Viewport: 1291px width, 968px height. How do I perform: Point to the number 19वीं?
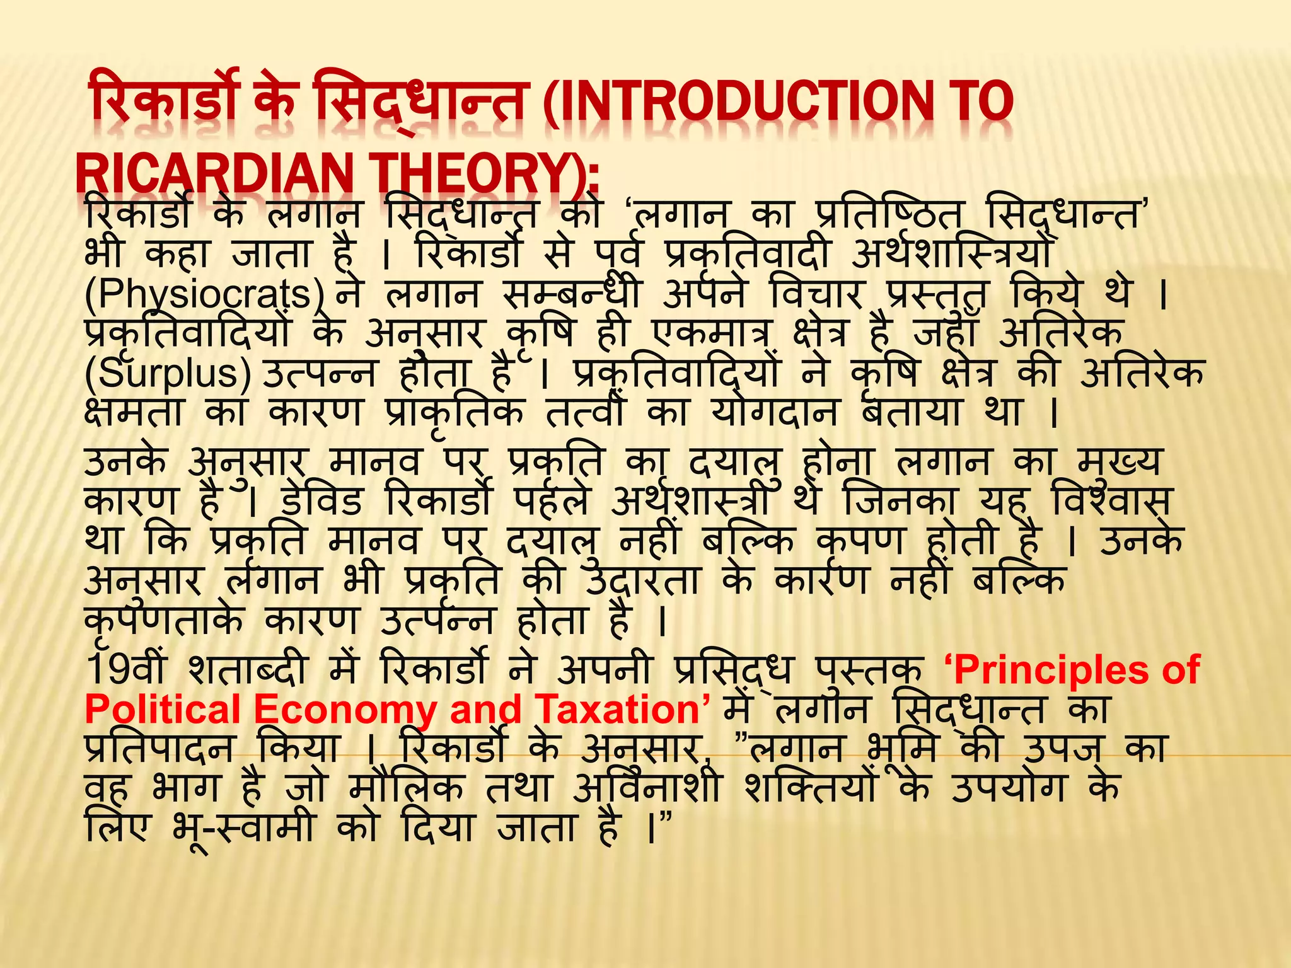[126, 669]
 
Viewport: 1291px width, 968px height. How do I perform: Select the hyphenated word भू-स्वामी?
[243, 827]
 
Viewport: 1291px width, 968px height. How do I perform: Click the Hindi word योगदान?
[775, 413]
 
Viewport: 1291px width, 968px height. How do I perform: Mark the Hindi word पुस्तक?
[870, 669]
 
